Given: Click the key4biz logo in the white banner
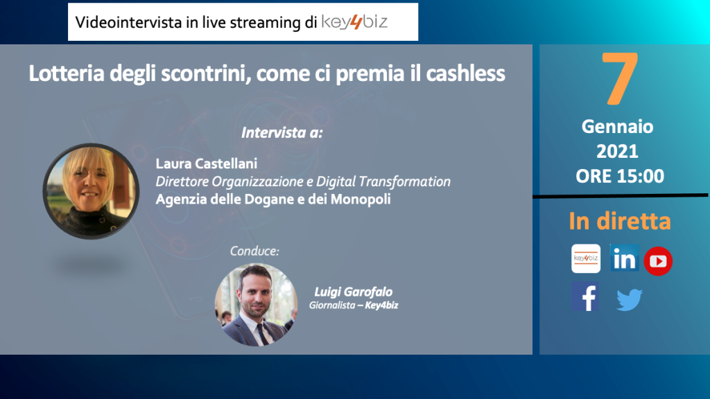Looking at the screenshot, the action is (x=354, y=21).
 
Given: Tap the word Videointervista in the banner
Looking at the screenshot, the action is (x=128, y=22).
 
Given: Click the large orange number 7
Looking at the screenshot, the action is (x=620, y=78).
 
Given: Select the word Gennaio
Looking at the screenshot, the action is (x=617, y=127).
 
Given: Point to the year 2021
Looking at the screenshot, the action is (x=617, y=151).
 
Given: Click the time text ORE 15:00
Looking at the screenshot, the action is (x=619, y=176).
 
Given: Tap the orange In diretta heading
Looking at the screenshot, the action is (x=619, y=221).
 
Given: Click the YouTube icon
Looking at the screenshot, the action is (x=658, y=261).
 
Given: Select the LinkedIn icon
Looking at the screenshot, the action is (x=625, y=258).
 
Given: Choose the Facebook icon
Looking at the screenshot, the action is (x=585, y=296).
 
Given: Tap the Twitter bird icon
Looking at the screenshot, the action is (x=630, y=299).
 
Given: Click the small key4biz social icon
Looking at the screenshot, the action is (x=586, y=258).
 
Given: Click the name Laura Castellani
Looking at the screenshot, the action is (x=207, y=163).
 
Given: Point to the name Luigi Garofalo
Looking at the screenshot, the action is (x=353, y=292).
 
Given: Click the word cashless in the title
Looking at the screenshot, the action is (x=465, y=73).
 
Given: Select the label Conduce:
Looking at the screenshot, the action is (x=254, y=251).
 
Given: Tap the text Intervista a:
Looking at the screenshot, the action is (x=282, y=132).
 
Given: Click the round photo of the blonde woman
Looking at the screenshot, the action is (x=91, y=191).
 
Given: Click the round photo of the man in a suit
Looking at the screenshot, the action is (x=256, y=305).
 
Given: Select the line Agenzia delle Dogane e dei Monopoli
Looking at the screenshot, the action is (x=273, y=199).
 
